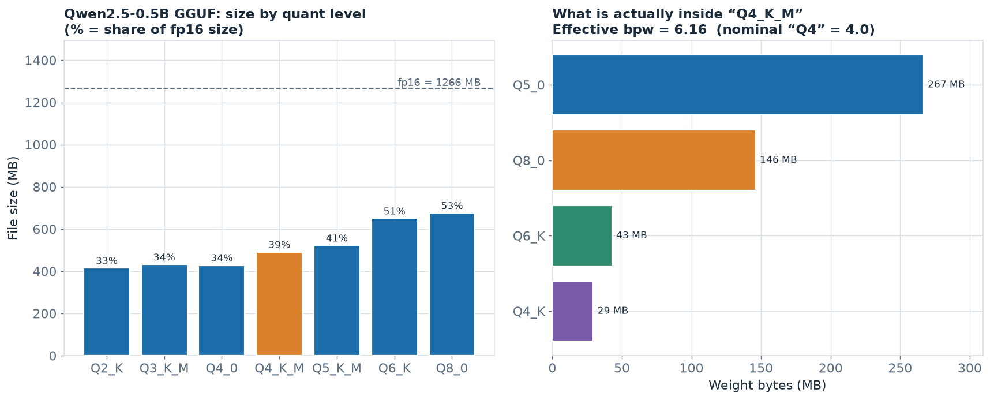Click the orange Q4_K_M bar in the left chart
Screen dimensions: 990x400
(x=279, y=304)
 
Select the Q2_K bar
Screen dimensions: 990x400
(x=107, y=312)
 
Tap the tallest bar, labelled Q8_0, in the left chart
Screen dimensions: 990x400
(x=452, y=285)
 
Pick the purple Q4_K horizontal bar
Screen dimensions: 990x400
(x=572, y=311)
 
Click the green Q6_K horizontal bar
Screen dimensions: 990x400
(x=582, y=235)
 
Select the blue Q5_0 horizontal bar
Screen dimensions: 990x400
(x=738, y=85)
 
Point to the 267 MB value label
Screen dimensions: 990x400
(x=946, y=85)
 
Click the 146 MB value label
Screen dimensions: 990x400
(x=778, y=160)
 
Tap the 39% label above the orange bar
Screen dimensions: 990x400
(x=279, y=245)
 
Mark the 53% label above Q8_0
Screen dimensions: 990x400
(x=452, y=206)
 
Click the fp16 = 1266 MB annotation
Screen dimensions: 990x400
(x=439, y=83)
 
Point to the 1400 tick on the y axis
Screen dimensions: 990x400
(x=42, y=61)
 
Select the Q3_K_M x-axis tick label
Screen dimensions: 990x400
(x=164, y=368)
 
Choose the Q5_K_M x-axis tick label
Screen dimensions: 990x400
(x=337, y=368)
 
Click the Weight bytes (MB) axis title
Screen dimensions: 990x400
(x=767, y=386)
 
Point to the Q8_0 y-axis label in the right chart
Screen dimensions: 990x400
(x=529, y=160)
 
